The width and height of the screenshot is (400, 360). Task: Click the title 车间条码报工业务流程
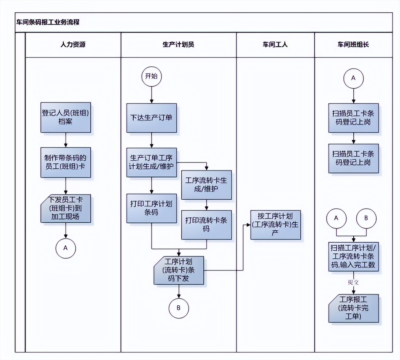48,22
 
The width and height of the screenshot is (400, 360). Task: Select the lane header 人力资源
73,45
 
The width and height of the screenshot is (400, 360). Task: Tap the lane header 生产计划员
178,45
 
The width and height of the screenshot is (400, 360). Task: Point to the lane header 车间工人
275,45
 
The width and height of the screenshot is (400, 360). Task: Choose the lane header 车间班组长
353,45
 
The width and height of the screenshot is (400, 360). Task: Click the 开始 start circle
151,76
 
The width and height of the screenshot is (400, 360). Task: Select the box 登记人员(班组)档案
65,117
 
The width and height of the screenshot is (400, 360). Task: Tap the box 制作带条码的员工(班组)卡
65,162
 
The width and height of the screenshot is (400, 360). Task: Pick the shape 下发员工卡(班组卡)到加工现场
65,208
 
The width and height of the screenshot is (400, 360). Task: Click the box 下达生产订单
151,118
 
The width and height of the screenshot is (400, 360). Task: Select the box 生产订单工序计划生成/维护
151,162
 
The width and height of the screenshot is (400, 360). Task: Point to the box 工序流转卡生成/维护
206,185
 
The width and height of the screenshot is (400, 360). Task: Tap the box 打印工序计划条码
151,208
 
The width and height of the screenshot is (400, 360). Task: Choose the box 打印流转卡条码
206,225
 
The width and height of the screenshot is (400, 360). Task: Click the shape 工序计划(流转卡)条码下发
178,270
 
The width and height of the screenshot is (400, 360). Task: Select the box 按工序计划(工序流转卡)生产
275,225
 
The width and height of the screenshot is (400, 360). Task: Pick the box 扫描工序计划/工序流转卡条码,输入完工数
353,256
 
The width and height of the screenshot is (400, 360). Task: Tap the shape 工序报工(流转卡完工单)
353,308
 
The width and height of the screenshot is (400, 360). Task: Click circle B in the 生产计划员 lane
178,308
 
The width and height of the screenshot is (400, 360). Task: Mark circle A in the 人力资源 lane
65,248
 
